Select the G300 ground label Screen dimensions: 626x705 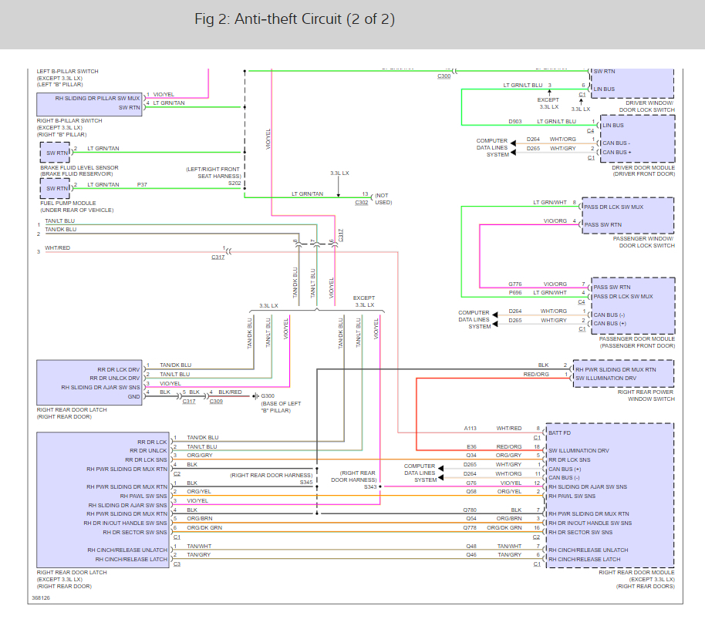(269, 396)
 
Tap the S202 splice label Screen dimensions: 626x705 (234, 183)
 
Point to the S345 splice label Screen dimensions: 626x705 (306, 482)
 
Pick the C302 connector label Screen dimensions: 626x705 (362, 202)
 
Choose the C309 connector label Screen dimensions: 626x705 (217, 401)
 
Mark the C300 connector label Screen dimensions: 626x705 (444, 76)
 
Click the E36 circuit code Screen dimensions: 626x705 (472, 446)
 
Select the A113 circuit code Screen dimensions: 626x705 (471, 428)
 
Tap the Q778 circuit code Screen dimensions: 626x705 (471, 527)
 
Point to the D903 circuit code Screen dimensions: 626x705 (515, 121)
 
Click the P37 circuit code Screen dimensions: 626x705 (142, 184)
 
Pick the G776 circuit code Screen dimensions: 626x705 (515, 284)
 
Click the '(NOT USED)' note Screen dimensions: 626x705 (383, 199)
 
